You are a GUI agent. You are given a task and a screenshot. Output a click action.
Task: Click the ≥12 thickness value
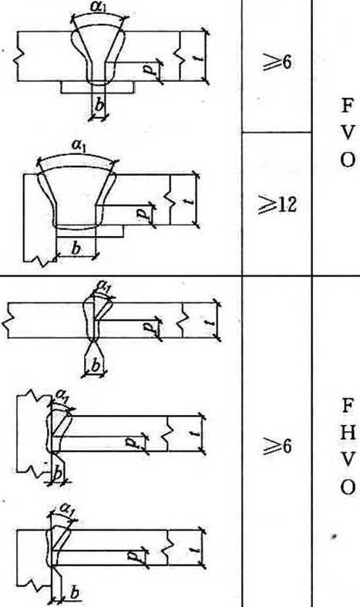278,204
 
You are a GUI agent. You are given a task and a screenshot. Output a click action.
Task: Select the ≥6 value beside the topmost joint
277,62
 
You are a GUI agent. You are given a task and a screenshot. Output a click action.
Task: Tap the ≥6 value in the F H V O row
277,447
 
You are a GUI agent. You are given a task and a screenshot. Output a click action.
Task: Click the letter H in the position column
348,433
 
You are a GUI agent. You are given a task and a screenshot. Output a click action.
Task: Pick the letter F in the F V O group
347,106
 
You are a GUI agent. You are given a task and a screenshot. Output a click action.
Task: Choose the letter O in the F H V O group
348,487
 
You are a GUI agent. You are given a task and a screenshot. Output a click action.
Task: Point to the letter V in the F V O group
347,133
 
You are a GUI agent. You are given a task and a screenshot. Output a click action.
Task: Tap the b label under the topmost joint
99,105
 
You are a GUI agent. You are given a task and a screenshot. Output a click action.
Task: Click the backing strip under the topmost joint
98,87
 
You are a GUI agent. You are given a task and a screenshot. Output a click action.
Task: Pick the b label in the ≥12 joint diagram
76,248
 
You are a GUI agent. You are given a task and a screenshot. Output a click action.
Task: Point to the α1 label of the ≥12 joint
79,145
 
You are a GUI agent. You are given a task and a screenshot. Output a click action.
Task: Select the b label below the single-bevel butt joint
96,365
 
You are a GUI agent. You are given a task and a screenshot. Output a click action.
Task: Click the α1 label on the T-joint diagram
62,395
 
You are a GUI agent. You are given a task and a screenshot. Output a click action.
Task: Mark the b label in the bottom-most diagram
75,592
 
